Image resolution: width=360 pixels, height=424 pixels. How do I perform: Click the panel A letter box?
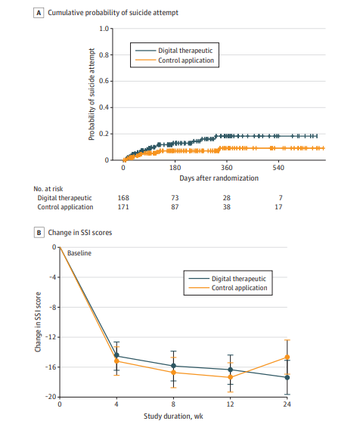[x=39, y=13]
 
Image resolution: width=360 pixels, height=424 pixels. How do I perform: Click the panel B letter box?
[x=39, y=233]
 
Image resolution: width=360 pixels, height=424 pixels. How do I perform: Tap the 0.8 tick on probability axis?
[x=104, y=55]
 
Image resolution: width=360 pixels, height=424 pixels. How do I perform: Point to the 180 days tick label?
[x=175, y=168]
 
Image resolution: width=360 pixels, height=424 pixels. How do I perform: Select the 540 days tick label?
[x=278, y=168]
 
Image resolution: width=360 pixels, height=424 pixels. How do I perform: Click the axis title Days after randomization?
[x=219, y=178]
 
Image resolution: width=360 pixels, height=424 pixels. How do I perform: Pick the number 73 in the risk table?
[x=175, y=198]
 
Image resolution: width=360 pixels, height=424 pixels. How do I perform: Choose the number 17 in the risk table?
[x=278, y=207]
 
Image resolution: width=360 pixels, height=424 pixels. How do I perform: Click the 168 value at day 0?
[x=123, y=198]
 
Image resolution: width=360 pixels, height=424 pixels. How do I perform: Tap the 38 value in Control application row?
[x=227, y=207]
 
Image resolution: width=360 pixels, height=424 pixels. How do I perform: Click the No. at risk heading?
[x=48, y=189]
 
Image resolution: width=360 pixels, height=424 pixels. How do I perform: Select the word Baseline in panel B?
[x=79, y=253]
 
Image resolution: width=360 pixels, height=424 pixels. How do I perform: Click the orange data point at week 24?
[x=287, y=357]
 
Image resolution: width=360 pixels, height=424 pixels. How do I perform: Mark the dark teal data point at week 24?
[x=287, y=377]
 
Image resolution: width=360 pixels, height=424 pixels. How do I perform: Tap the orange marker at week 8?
[x=173, y=373]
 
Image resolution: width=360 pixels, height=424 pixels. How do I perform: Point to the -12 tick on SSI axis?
[x=51, y=337]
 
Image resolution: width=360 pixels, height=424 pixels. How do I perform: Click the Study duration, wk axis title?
[x=173, y=416]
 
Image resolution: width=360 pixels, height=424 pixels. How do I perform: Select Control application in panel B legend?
[x=239, y=288]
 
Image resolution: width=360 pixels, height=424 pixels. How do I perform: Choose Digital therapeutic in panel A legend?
[x=185, y=51]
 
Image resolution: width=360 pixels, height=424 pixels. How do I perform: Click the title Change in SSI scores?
[x=80, y=233]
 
